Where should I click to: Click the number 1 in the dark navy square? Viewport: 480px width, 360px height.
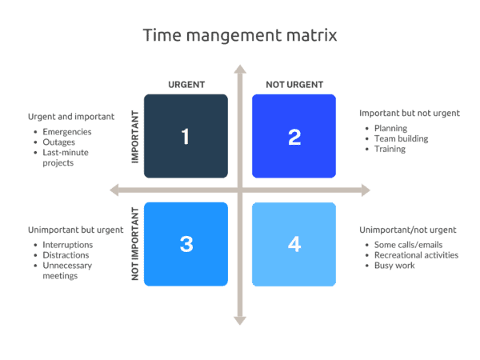click(x=186, y=137)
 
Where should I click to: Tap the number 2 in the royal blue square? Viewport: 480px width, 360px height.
click(x=294, y=137)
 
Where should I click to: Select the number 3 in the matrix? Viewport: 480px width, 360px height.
click(x=186, y=244)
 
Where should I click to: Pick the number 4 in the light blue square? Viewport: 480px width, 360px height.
click(x=294, y=244)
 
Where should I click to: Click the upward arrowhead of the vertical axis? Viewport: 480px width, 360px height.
click(x=239, y=70)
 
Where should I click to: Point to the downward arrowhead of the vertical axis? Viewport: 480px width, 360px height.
click(x=239, y=320)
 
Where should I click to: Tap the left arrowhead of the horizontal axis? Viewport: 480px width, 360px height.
click(x=114, y=190)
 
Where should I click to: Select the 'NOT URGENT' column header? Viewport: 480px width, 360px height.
click(x=294, y=84)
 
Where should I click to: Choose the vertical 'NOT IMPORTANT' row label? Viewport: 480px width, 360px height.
click(x=135, y=244)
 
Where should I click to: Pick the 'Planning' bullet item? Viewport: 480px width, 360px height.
click(x=391, y=127)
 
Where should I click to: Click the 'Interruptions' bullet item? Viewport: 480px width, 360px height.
click(x=68, y=245)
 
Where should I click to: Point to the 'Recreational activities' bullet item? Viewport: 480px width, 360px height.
click(x=416, y=254)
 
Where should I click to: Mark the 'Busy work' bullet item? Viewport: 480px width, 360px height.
click(x=394, y=265)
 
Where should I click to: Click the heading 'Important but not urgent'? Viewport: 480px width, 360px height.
click(x=409, y=113)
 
